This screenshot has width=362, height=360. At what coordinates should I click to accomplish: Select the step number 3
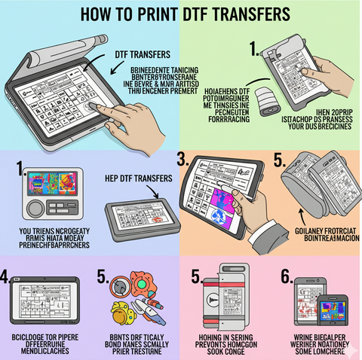(x=182, y=160)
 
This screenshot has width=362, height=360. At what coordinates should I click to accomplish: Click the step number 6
(x=287, y=277)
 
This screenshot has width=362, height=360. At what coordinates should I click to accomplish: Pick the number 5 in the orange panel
(x=278, y=160)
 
